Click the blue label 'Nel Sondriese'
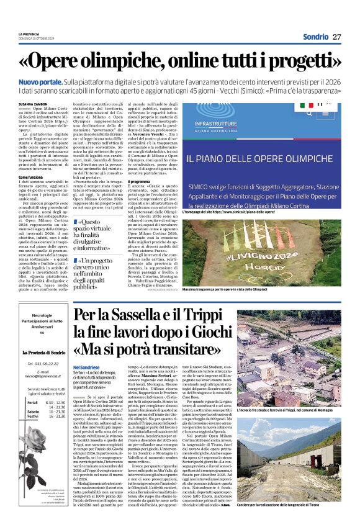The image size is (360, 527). coord(86,368)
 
